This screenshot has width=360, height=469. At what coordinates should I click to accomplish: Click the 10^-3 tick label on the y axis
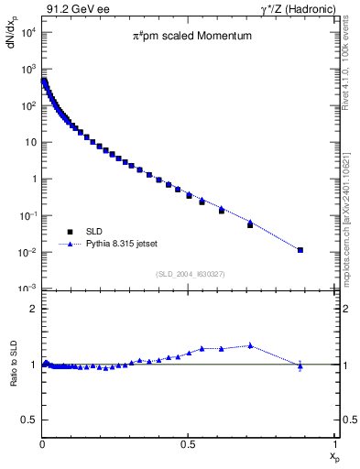point(27,289)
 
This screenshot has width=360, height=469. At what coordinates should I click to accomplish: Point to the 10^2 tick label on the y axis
point(28,106)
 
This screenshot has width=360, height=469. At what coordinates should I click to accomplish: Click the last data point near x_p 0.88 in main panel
point(300,249)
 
